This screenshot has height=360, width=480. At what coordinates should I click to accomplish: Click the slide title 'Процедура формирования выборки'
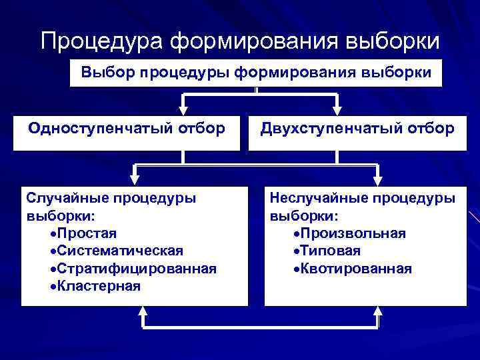(240, 41)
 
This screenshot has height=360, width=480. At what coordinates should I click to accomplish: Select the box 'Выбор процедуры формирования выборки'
(256, 72)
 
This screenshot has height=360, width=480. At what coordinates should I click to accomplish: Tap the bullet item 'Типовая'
(331, 251)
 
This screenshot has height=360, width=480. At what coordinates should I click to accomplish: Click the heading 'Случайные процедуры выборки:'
(110, 207)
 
